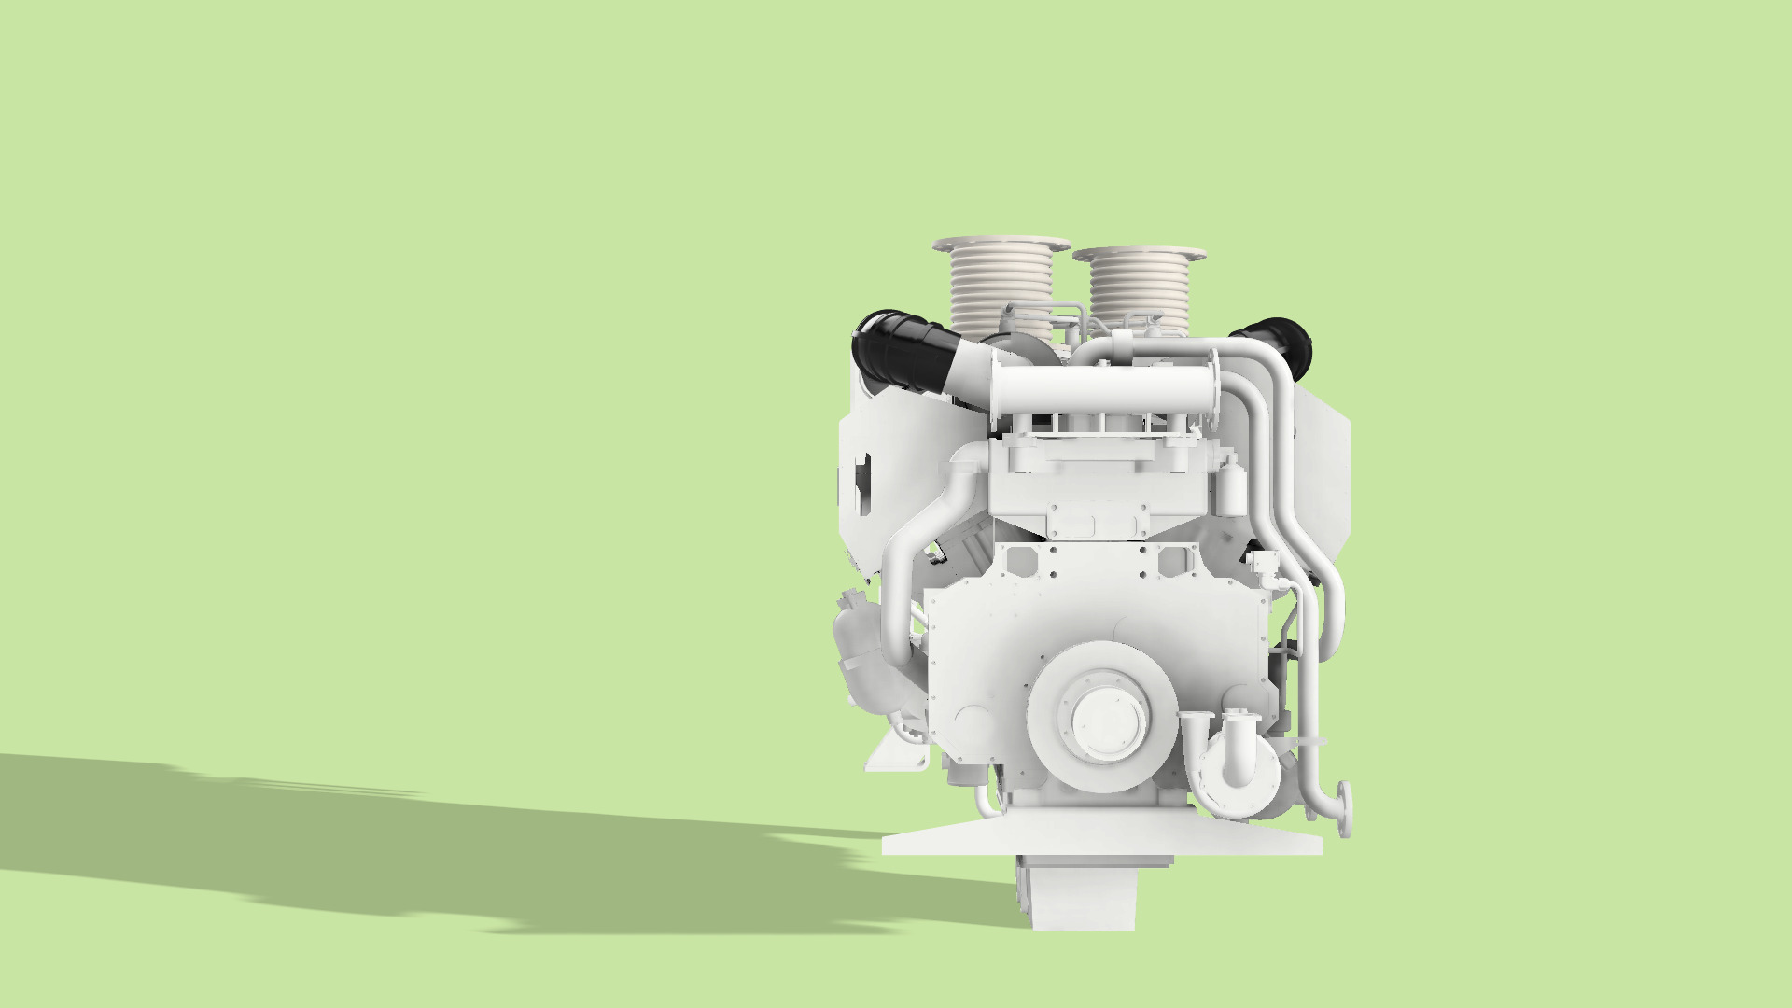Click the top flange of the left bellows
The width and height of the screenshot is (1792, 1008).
pyautogui.click(x=1001, y=245)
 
